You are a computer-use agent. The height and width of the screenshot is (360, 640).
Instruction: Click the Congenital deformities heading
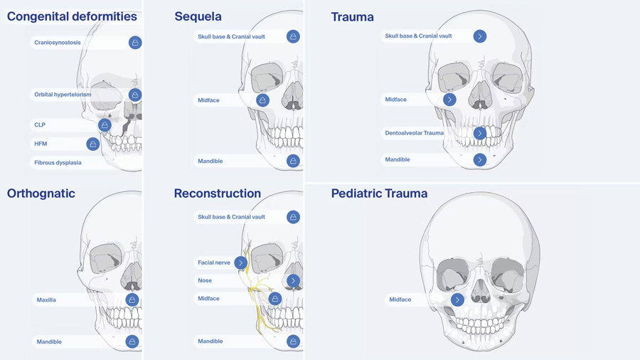click(x=72, y=16)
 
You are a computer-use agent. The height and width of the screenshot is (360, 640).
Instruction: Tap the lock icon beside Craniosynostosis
click(x=135, y=43)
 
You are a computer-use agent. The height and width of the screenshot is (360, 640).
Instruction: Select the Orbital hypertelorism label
click(x=63, y=95)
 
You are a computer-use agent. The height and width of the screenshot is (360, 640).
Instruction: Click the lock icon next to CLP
click(x=105, y=125)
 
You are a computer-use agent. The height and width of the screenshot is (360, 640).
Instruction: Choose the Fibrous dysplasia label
click(x=58, y=163)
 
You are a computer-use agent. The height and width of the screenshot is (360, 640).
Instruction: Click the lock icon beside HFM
click(x=93, y=144)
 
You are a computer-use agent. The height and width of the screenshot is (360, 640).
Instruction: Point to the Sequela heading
click(x=198, y=16)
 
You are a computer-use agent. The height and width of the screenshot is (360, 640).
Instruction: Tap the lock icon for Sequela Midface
click(x=262, y=100)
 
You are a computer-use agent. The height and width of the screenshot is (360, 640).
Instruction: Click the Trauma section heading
click(x=352, y=17)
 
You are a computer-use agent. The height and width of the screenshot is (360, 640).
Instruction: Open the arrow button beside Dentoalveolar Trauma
click(x=480, y=133)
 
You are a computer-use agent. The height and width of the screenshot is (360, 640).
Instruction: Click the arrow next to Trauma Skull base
click(x=480, y=36)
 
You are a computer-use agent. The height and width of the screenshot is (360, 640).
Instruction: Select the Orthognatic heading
click(x=41, y=194)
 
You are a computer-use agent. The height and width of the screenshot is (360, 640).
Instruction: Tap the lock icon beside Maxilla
click(x=132, y=300)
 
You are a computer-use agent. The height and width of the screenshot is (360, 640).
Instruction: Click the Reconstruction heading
click(x=217, y=194)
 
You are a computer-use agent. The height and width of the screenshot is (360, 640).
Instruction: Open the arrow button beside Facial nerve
click(x=240, y=263)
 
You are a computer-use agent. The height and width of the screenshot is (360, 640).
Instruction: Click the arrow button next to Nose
click(x=293, y=281)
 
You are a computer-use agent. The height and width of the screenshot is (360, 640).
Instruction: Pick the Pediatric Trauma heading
click(x=379, y=194)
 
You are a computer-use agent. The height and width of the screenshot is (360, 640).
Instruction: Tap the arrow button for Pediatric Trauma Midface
click(x=457, y=300)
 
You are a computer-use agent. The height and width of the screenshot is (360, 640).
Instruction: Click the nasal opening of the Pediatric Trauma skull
click(x=481, y=290)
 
